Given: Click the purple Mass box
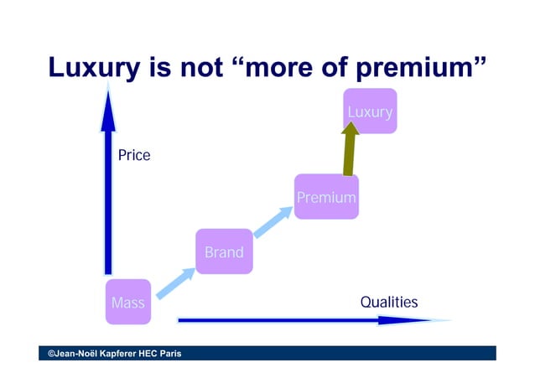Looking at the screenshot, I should (x=128, y=302).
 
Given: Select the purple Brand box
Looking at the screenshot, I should (x=224, y=251).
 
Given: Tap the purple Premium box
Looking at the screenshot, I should (x=326, y=198).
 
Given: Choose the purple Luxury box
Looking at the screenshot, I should (x=370, y=111).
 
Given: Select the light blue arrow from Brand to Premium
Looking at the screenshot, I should (x=273, y=222).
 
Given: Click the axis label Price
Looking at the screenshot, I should (x=134, y=155).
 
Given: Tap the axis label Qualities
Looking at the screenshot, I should (x=388, y=302).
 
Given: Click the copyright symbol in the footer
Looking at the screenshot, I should (x=51, y=354).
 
